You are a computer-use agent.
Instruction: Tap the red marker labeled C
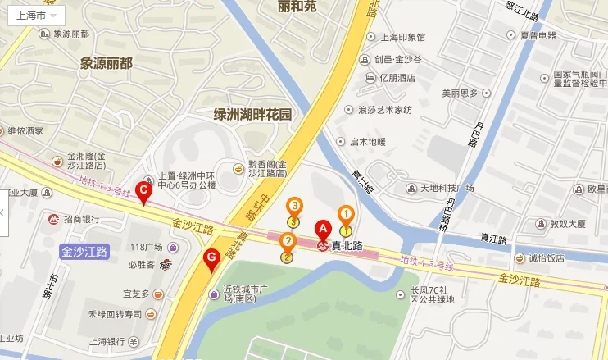point(143,194)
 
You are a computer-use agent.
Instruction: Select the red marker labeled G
point(211,260)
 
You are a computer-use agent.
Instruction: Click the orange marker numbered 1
point(346,215)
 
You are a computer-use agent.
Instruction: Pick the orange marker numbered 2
point(288,243)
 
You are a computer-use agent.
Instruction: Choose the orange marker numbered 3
point(293,207)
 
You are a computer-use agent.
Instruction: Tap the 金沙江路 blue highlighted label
point(85,252)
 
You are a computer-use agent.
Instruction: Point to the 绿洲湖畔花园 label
point(252,115)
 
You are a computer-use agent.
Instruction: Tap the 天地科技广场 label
point(447,188)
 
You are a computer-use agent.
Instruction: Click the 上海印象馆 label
point(403,38)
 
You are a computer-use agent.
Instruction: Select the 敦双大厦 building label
point(567,222)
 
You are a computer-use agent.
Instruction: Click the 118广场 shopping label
point(147,247)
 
